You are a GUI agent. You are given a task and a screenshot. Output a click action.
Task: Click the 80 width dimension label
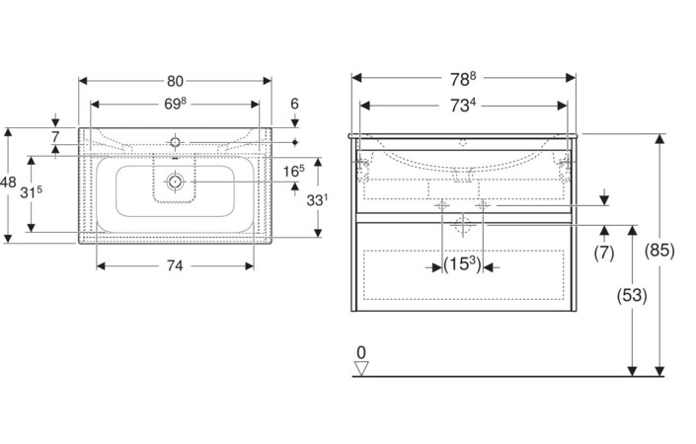coord(175,81)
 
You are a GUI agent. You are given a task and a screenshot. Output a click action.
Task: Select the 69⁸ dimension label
coord(175,104)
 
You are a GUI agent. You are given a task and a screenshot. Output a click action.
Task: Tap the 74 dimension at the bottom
coord(175,265)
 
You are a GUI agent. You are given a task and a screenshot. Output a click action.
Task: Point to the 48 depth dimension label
coord(8,182)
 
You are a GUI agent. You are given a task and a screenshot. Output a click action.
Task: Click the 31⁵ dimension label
coord(31,192)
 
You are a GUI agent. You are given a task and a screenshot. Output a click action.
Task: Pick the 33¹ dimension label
coord(317,200)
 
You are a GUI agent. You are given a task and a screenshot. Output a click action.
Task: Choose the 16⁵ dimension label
coord(294,171)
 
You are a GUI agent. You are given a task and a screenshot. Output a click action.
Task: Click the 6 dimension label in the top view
coord(295,104)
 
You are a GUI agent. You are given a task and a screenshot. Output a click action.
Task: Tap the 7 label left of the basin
coord(55,137)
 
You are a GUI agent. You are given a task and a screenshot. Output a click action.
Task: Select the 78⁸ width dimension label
coord(463,79)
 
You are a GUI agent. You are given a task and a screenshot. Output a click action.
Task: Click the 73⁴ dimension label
coord(463,106)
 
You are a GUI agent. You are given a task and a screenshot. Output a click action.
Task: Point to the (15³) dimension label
coord(462,264)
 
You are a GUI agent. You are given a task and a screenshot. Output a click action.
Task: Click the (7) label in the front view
coord(604,253)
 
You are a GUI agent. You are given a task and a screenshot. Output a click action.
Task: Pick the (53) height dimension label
coord(632,295)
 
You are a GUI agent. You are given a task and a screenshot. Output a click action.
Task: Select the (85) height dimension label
coord(660,251)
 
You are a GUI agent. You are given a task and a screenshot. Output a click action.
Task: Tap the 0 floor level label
coord(361,353)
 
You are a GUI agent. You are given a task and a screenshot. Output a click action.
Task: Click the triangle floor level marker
coord(361,368)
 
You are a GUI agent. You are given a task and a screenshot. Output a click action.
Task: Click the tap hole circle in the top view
coord(175,142)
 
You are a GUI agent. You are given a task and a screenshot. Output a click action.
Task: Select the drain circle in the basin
coord(175,182)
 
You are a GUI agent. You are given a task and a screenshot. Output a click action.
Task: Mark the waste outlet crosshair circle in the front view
coord(463,225)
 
